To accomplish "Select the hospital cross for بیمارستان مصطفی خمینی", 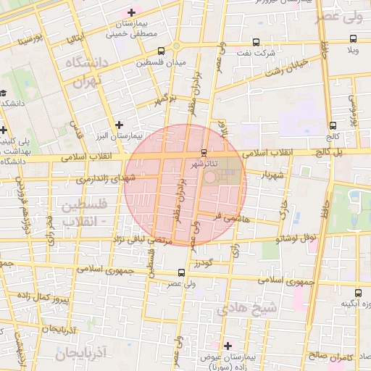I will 131,12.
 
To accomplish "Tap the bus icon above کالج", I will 332,125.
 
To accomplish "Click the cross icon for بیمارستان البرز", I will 120,125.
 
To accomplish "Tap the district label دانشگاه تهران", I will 87,73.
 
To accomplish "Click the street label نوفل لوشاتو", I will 297,238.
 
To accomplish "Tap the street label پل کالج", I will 330,153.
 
